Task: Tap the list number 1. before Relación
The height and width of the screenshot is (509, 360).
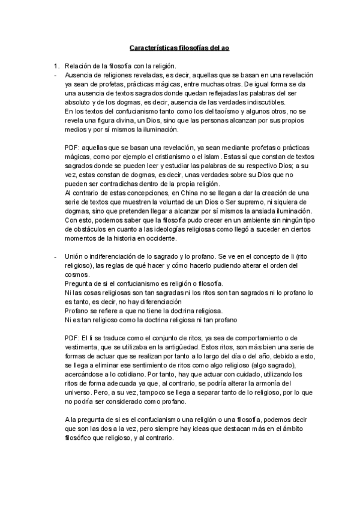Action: click(x=56, y=65)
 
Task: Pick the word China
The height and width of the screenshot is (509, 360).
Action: click(x=174, y=193)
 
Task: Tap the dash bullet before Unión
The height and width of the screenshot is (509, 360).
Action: click(x=55, y=256)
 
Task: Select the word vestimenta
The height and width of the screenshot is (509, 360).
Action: click(x=85, y=347)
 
